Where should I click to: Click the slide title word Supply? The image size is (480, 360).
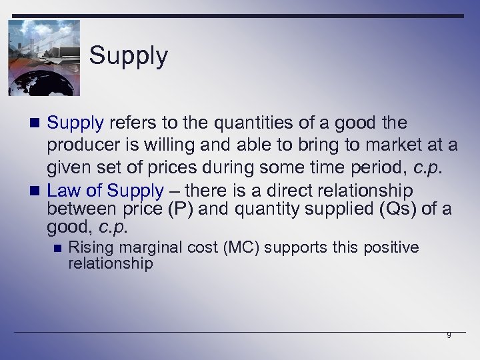tap(129, 55)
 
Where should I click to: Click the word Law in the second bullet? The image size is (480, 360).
tap(63, 191)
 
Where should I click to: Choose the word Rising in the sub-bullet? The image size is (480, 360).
tap(90, 248)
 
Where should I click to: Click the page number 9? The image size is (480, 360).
tap(449, 335)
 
